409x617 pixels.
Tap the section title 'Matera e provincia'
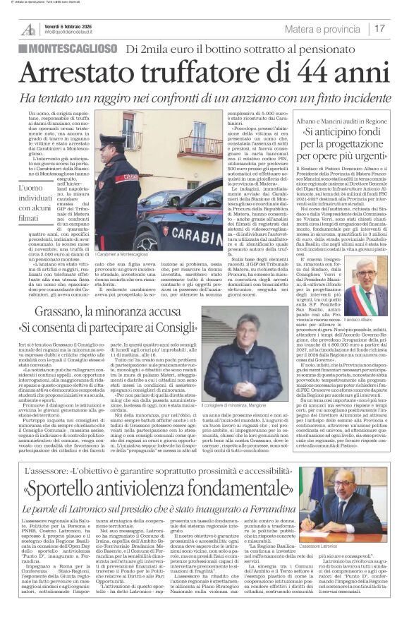pos(323,29)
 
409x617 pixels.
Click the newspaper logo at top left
pos(29,29)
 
